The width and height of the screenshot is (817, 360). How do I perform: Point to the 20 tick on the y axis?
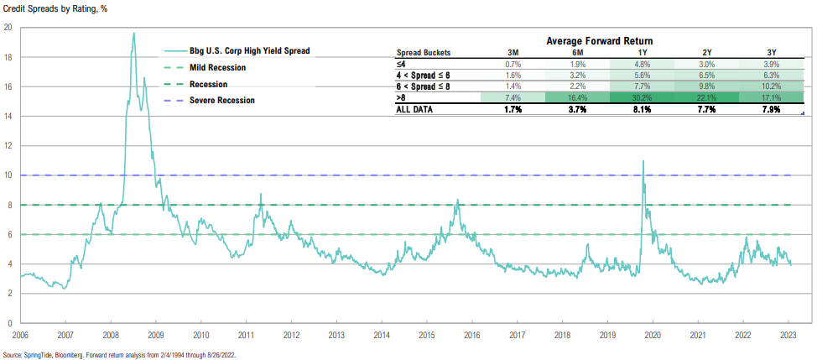pyautogui.click(x=7, y=27)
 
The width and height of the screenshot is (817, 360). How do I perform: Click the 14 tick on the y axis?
pyautogui.click(x=7, y=116)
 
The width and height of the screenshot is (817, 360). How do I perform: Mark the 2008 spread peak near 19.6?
pyautogui.click(x=134, y=34)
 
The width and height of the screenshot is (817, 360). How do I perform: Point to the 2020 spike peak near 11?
pyautogui.click(x=643, y=160)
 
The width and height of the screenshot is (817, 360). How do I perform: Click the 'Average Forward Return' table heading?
pyautogui.click(x=599, y=40)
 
